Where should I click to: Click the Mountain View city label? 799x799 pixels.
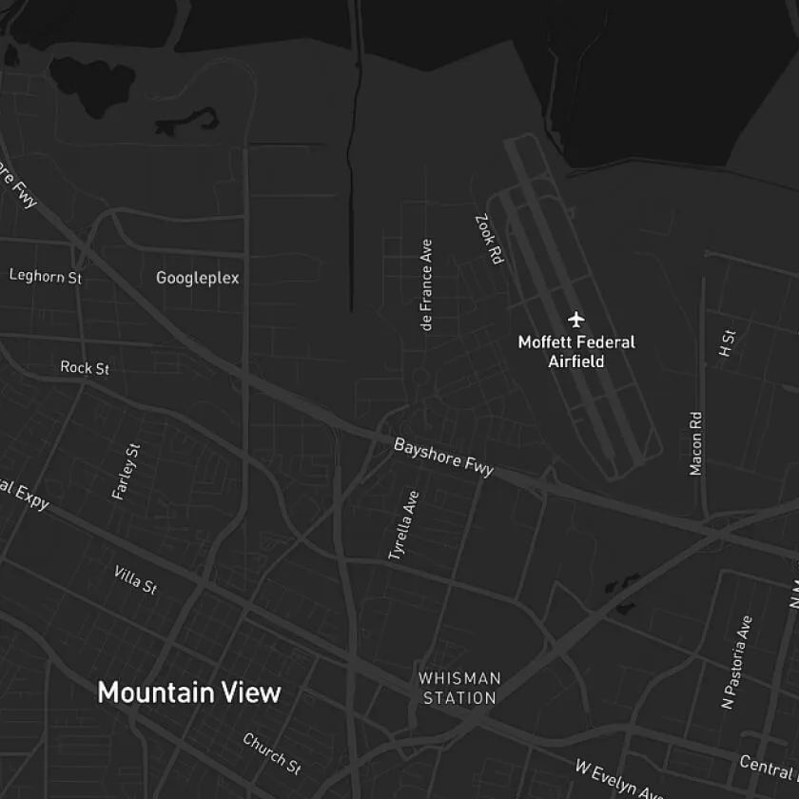[x=189, y=692]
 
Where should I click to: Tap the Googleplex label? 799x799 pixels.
[x=198, y=278]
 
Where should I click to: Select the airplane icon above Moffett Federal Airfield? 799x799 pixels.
[x=575, y=318]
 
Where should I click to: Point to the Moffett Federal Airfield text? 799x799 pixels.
[x=575, y=351]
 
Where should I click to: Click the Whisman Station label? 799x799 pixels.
[x=460, y=688]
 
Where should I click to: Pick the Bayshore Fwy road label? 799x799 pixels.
[x=444, y=458]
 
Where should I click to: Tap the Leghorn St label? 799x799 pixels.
[x=46, y=276]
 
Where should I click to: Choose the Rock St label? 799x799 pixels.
[x=85, y=367]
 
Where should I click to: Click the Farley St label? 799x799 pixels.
[x=126, y=471]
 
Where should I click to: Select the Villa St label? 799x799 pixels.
[x=135, y=579]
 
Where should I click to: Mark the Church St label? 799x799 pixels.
[x=272, y=752]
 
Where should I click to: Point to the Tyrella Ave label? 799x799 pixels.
[x=403, y=525]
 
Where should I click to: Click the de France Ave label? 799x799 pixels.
[x=426, y=285]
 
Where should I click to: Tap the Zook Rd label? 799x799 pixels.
[x=489, y=239]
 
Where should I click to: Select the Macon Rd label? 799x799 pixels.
[x=696, y=443]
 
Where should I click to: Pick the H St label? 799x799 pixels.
[x=729, y=343]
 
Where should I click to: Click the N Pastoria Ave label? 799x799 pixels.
[x=737, y=662]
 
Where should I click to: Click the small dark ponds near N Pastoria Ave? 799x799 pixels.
[x=623, y=594]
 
